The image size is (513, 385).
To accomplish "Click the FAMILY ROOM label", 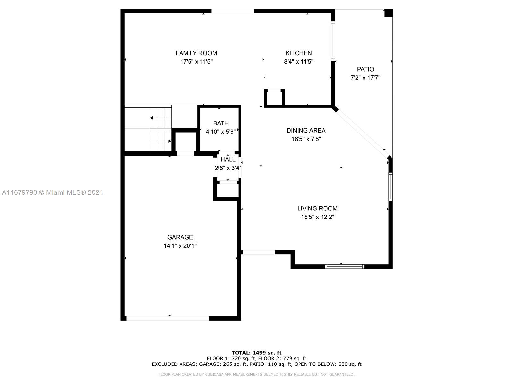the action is [x=196, y=53].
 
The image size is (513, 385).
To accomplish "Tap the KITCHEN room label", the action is [x=299, y=53].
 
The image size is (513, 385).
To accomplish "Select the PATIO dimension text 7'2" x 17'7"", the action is [x=365, y=78].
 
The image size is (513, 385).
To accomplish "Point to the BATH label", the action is [x=221, y=123].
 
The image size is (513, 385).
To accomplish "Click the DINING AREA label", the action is [x=306, y=131].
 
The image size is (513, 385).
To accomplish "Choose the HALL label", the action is [x=228, y=159].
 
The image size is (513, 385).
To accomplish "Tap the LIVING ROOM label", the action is [x=317, y=209].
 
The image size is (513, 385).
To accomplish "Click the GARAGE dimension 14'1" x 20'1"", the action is [x=180, y=246].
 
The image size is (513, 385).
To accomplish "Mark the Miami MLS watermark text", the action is [x=52, y=193].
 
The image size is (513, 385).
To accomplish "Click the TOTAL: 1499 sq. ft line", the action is [x=256, y=353].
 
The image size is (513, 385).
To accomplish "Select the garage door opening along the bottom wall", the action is [x=168, y=318].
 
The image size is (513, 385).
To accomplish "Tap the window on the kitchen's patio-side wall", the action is [x=333, y=41].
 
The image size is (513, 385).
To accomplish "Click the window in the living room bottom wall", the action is [x=344, y=267].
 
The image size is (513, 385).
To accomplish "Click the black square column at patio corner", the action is [x=388, y=13].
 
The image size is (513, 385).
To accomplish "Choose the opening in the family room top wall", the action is [x=232, y=11].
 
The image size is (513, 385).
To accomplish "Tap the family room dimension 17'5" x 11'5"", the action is [x=196, y=62].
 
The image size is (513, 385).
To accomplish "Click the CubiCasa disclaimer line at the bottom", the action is [x=256, y=374].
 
